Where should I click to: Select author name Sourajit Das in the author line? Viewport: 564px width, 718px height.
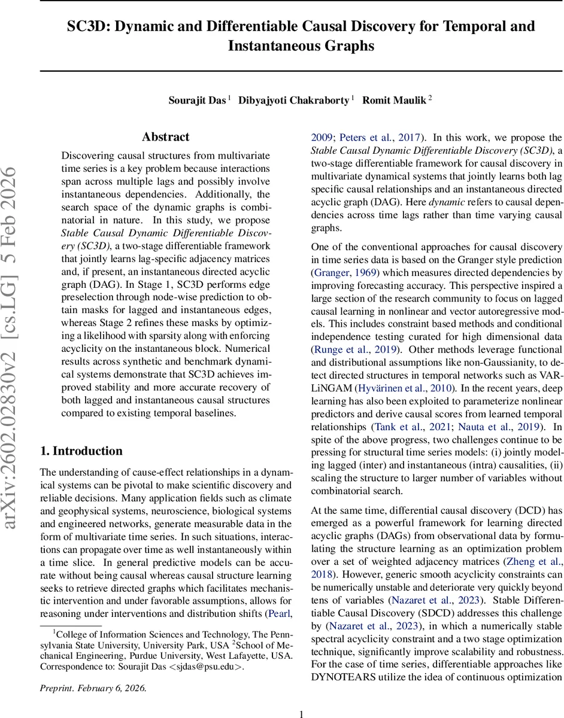[x=196, y=100]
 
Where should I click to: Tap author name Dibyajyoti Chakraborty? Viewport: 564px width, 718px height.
[x=294, y=100]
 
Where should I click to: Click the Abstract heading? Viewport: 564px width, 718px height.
[x=165, y=137]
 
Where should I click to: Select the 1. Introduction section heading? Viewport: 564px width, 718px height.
[x=81, y=451]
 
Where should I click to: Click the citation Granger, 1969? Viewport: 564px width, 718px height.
[x=343, y=273]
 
